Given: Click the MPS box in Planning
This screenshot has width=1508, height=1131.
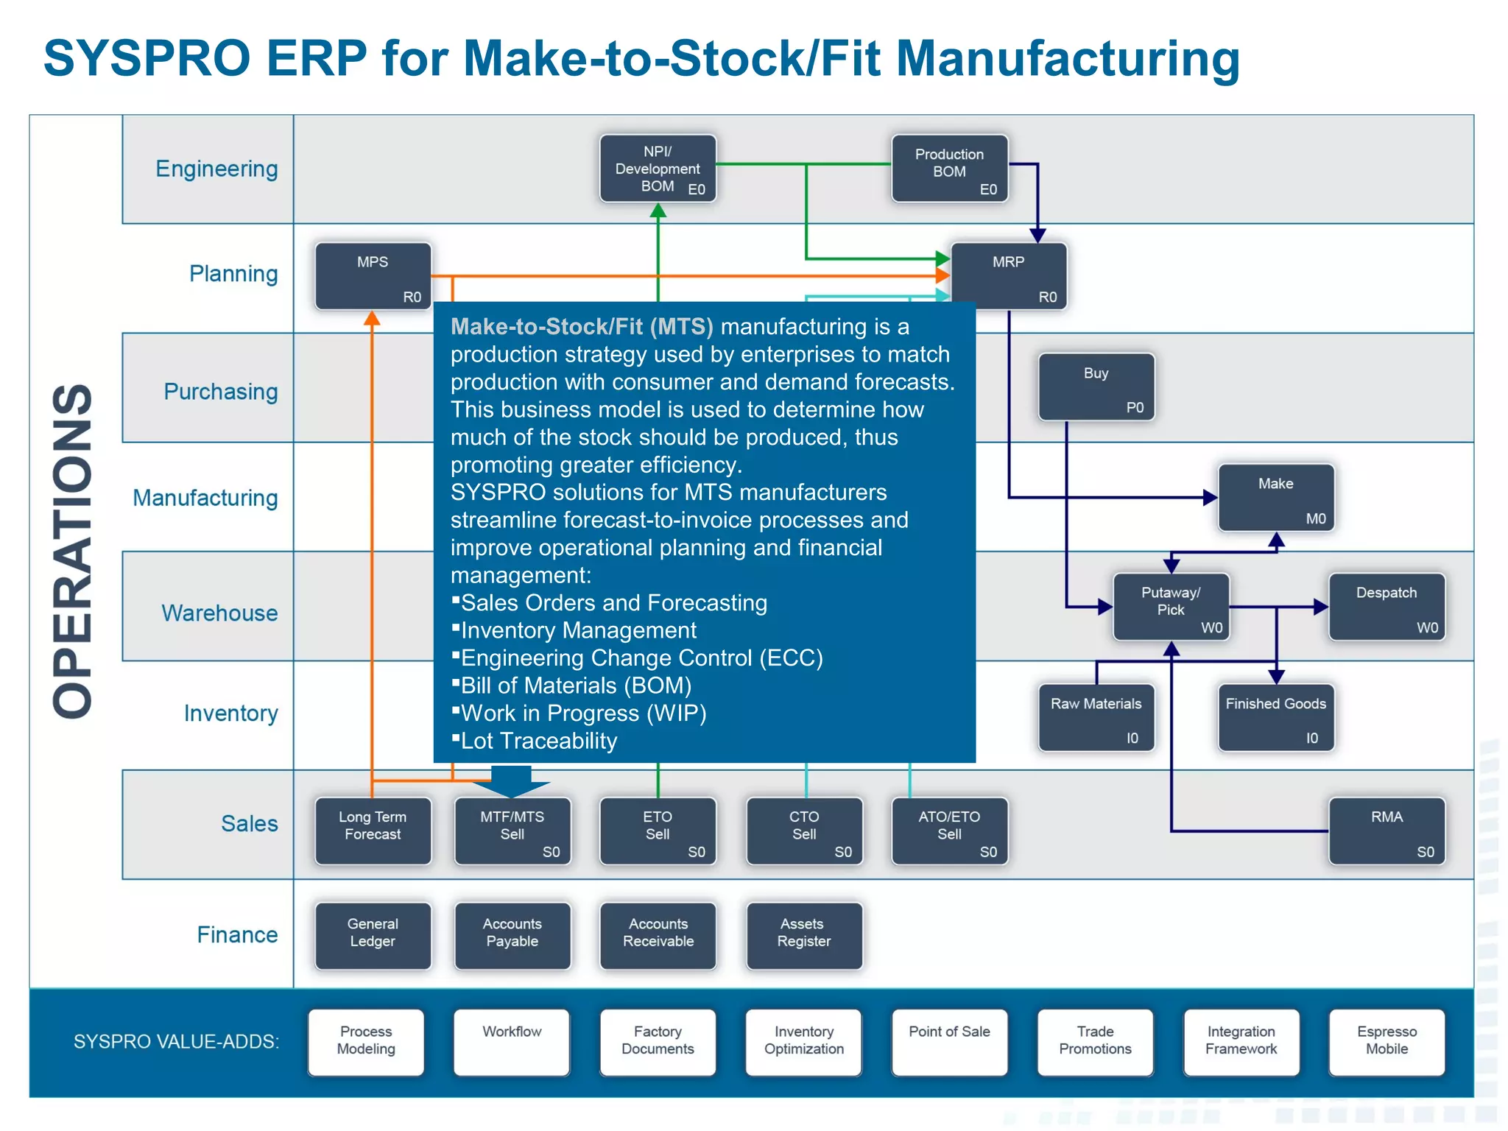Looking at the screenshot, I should [x=373, y=276].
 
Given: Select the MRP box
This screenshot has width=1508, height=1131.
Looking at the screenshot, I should [x=1008, y=276].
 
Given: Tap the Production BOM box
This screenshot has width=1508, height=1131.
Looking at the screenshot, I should [x=949, y=168].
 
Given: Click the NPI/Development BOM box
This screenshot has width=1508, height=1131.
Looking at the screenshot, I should [x=658, y=168].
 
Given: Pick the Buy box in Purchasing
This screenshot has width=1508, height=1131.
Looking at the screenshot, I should [x=1096, y=387].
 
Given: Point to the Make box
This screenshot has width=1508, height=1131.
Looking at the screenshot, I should [x=1275, y=497].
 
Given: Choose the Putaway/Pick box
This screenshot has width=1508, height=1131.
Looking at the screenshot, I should [x=1171, y=607].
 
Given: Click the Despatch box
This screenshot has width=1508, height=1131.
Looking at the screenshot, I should [x=1387, y=607].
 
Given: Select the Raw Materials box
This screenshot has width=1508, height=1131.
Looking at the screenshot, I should [x=1096, y=717].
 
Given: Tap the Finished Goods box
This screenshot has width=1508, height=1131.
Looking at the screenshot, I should [x=1275, y=717].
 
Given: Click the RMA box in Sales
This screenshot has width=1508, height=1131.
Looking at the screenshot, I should [x=1387, y=831].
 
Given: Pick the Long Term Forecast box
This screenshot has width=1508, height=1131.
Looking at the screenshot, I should [x=373, y=831].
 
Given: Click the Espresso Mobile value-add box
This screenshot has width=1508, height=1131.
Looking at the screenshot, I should [x=1387, y=1042].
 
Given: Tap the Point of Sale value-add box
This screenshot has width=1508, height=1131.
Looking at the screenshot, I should [x=949, y=1042].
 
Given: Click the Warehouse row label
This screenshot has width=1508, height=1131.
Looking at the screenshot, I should [x=219, y=613].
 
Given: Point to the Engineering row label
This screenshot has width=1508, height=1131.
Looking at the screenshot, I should [x=216, y=169].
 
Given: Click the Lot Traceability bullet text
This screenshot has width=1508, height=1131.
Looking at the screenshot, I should [x=538, y=741].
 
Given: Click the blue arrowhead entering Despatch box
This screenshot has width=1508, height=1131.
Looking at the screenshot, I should [x=1321, y=607].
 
